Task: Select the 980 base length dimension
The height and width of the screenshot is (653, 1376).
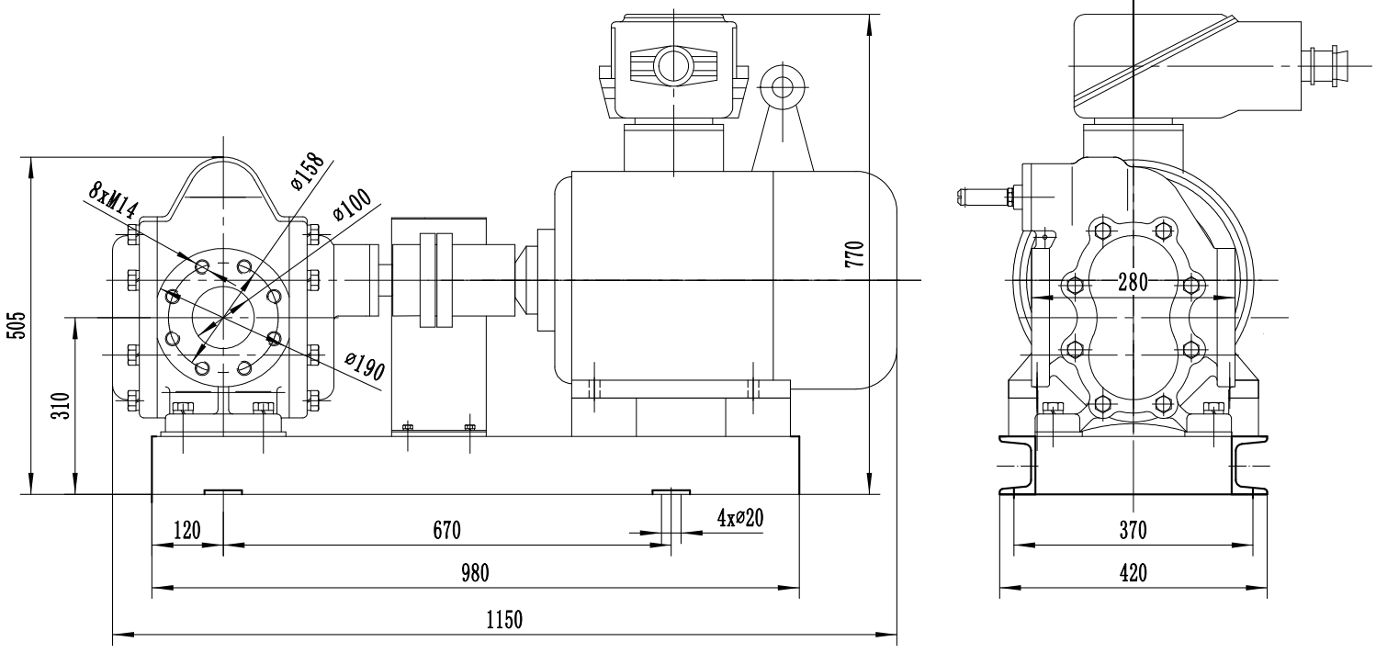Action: tap(476, 574)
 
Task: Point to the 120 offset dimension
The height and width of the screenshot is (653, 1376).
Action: tap(186, 530)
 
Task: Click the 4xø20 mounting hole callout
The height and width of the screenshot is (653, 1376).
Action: tap(740, 518)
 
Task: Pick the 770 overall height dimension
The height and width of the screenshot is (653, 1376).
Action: tap(854, 253)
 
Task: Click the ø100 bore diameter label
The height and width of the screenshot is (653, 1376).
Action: tap(351, 204)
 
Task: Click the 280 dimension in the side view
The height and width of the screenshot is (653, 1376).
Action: tap(1132, 283)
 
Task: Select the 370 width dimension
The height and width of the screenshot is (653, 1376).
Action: tap(1132, 530)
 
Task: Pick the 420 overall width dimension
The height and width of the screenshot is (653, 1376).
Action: tap(1132, 574)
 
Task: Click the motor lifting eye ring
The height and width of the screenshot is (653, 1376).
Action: tap(783, 88)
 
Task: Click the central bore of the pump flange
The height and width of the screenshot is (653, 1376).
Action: tap(221, 318)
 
